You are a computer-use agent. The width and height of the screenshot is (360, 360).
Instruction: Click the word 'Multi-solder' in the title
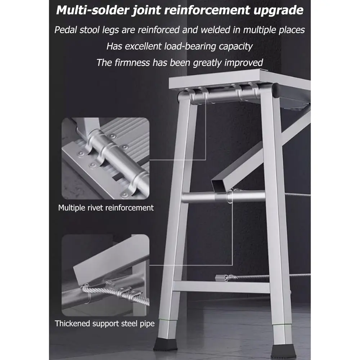click(94, 10)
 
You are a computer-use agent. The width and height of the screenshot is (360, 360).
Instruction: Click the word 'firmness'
click(132, 62)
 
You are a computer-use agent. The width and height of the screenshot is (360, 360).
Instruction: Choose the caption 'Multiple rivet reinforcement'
click(106, 208)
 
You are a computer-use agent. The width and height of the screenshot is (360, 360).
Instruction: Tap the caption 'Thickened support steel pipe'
click(105, 323)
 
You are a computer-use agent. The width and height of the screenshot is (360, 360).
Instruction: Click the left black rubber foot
click(165, 344)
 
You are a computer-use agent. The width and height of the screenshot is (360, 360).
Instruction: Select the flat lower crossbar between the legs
click(221, 287)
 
